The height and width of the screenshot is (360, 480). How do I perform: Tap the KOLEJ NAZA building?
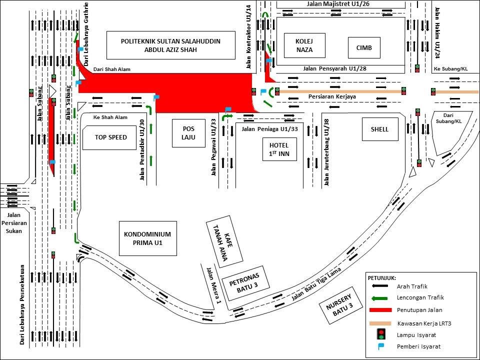coord(303,45)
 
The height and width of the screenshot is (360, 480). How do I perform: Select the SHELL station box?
coord(380,129)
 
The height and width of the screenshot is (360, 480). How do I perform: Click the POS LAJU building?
coord(188,133)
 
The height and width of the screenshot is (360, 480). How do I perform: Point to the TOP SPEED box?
coord(111,137)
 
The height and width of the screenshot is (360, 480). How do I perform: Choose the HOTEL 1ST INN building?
coord(279,148)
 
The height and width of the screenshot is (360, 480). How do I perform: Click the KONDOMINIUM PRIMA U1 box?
coord(147,237)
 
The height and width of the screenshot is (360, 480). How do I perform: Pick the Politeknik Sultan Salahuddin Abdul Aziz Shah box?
coord(170,45)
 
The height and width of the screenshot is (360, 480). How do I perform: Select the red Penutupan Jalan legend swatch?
coord(380,310)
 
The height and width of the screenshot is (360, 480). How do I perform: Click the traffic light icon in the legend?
coord(380,334)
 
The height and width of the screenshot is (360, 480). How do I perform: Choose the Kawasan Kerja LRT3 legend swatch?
coord(380,322)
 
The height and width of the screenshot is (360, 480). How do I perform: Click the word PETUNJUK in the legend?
coord(382,277)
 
